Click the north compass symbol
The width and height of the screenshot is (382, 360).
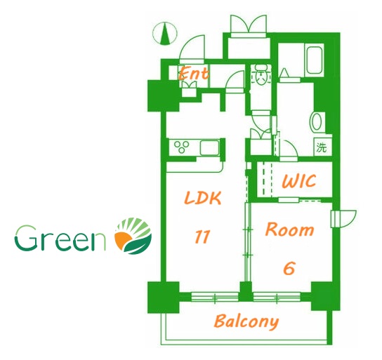165,34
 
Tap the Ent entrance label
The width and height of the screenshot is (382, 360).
193,73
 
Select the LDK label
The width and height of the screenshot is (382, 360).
203,198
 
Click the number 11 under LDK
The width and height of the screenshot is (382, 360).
202,236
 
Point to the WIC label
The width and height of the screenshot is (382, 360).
299,181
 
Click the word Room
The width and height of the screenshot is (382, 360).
289,229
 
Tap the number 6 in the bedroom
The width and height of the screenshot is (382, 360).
289,269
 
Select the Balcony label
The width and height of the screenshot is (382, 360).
246,321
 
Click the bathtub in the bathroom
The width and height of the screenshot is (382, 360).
315,60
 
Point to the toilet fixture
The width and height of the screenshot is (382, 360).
262,74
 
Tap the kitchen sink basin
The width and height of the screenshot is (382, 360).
209,148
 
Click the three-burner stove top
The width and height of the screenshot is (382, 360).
181,147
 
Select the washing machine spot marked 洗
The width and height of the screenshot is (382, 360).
322,147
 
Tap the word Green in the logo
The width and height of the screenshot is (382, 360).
60,239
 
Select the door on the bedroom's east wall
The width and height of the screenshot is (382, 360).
343,218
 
